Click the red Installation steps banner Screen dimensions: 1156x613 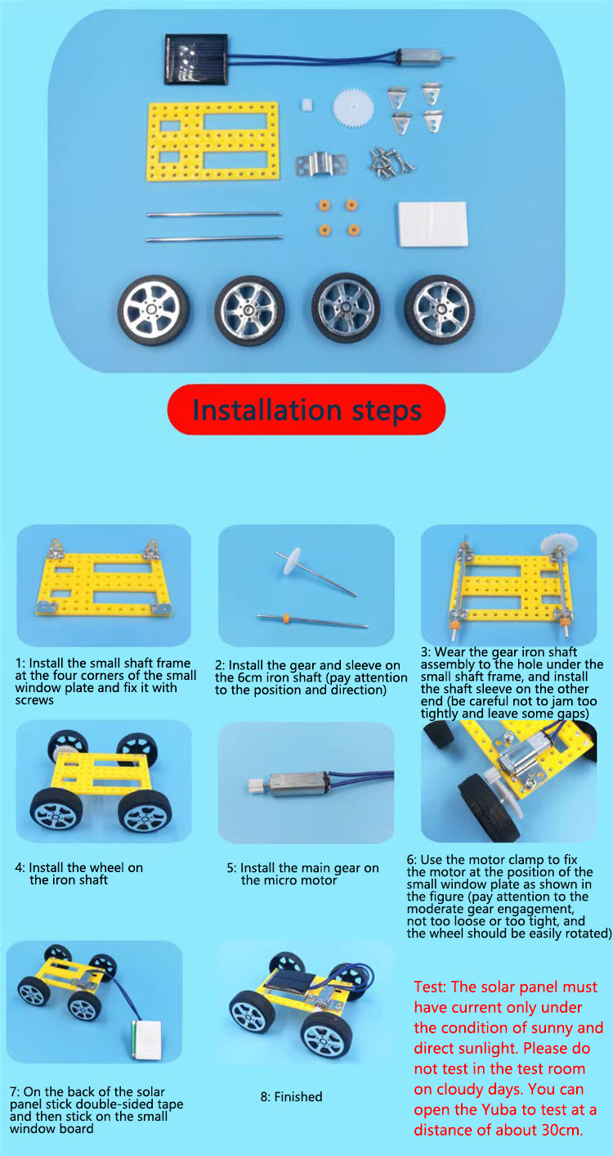(306, 409)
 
